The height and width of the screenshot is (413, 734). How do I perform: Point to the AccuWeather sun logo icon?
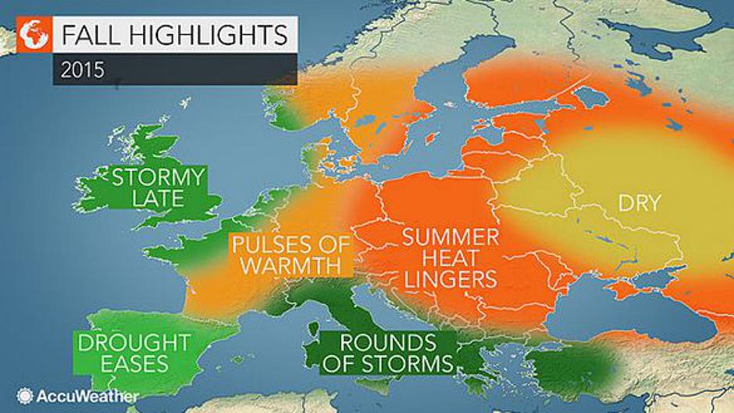coord(24,395)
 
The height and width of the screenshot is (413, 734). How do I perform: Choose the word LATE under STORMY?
coord(158,200)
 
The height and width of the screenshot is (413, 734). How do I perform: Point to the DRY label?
coord(639,204)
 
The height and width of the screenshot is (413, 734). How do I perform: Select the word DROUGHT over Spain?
coord(133,342)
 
